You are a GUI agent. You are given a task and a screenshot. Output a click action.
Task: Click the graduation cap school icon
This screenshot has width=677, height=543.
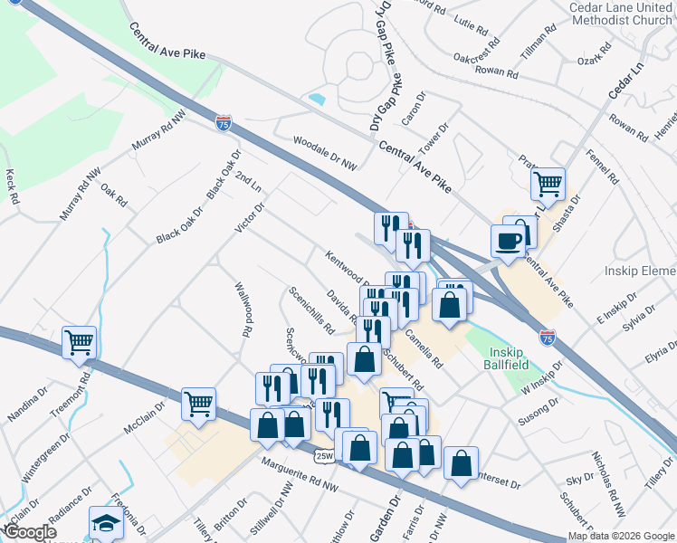pyautogui.click(x=106, y=523)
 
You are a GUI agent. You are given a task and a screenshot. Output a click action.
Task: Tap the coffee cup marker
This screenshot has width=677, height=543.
pyautogui.click(x=508, y=241)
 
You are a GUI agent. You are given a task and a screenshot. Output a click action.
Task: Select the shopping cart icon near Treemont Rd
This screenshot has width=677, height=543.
pyautogui.click(x=80, y=343)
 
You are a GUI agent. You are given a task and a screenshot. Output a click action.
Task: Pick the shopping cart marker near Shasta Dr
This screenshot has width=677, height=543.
pyautogui.click(x=548, y=185)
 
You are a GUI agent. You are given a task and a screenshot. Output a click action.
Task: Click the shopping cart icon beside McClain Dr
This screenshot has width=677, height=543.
pyautogui.click(x=198, y=405)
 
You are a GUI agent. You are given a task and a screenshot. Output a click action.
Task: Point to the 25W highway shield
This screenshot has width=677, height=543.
pyautogui.click(x=324, y=456)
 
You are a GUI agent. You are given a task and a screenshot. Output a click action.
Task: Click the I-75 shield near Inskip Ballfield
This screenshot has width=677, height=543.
pyautogui.click(x=547, y=337)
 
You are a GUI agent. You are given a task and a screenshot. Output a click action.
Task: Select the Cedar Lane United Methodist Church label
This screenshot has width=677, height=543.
pyautogui.click(x=620, y=14)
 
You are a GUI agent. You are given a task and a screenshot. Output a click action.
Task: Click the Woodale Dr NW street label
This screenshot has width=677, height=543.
pyautogui.click(x=325, y=153)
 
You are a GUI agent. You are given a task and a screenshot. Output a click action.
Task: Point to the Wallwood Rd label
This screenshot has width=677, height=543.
pyautogui.click(x=243, y=309)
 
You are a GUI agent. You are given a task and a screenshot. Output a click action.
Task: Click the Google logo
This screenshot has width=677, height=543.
pyautogui.click(x=30, y=532)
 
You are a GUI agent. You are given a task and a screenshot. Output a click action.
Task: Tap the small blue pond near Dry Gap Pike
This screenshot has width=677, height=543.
pyautogui.click(x=317, y=98)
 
